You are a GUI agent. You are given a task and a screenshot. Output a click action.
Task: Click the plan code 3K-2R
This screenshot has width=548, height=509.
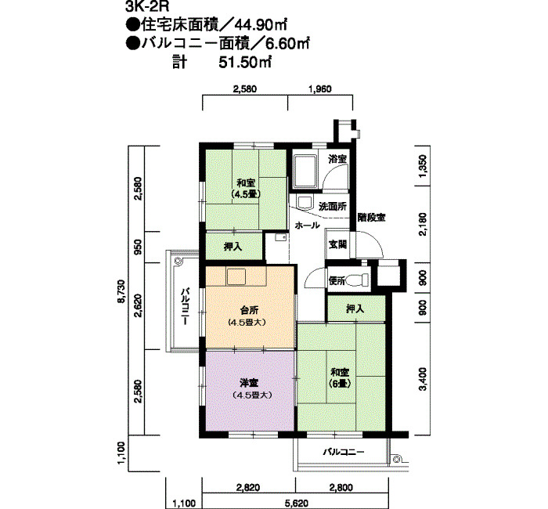tap(146, 7)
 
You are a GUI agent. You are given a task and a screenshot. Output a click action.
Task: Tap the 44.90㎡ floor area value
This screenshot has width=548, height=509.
tap(261, 25)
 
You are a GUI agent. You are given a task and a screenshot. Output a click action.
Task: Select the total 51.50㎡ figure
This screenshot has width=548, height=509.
tap(245, 63)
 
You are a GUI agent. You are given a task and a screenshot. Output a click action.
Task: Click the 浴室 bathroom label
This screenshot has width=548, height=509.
tap(337, 160)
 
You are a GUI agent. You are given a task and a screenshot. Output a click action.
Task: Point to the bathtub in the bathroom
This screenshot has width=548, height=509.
tap(305, 171)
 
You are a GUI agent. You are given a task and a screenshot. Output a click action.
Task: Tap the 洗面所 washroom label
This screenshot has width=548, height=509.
tap(333, 206)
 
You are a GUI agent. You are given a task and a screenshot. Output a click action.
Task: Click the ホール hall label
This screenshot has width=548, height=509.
tap(307, 226)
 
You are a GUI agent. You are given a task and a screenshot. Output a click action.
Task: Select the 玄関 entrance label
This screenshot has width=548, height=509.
tap(337, 244)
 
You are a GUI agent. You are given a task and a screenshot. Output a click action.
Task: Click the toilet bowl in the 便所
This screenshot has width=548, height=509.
tap(359, 280)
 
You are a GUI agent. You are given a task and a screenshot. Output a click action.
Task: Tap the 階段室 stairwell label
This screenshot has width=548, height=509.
tap(372, 218)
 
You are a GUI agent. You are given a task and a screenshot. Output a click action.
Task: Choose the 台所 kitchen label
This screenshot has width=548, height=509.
tap(249, 310)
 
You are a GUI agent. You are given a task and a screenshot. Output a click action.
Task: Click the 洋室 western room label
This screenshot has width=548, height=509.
tap(249, 383)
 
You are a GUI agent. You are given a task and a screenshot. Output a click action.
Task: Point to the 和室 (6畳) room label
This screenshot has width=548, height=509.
tap(340, 377)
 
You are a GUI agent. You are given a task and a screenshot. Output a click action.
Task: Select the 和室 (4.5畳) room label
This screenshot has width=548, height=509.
tap(246, 189)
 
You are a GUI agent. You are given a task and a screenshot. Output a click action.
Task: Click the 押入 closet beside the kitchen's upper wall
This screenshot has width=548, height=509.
tap(233, 247)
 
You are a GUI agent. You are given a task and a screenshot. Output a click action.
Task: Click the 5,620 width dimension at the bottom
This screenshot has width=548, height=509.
tap(296, 504)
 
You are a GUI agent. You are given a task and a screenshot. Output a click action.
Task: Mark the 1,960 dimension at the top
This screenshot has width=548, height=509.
tap(320, 89)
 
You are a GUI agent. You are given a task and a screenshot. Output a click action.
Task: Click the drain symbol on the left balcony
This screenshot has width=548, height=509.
tap(178, 261)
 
